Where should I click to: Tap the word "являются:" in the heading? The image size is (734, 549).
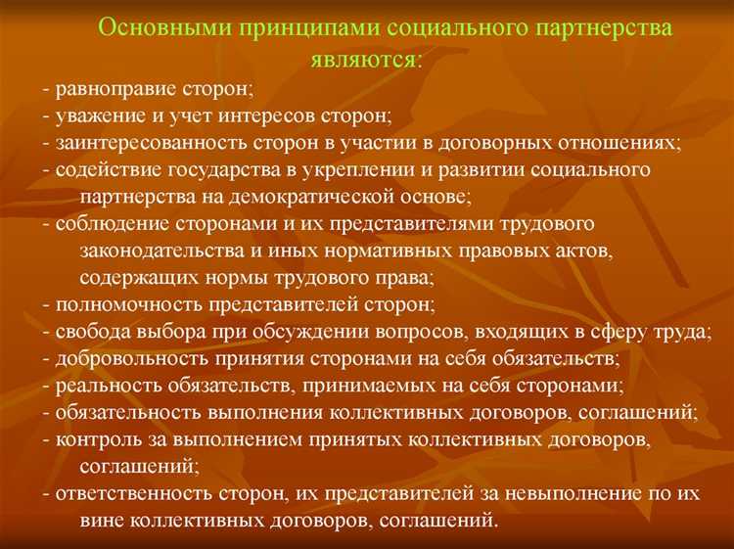367,61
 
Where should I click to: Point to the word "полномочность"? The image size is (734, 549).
118,303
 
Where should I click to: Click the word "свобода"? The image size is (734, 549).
89,331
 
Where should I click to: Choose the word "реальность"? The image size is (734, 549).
103,385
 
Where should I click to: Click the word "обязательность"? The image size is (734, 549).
122,411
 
